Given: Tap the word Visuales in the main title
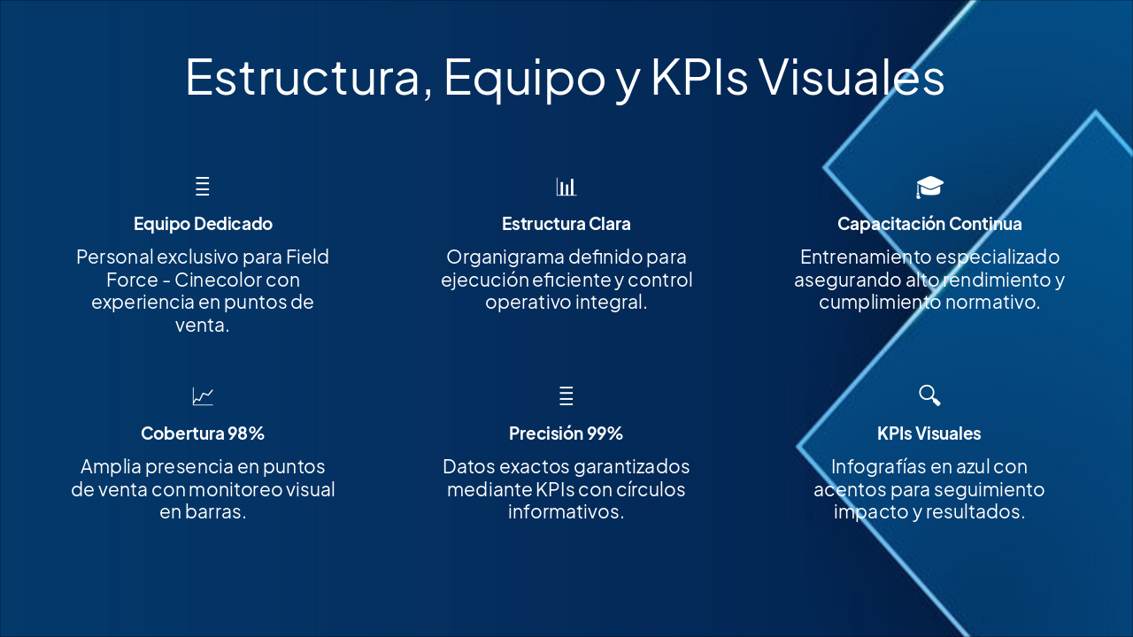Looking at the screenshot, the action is click(852, 77).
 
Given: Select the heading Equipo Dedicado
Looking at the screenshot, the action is click(203, 224).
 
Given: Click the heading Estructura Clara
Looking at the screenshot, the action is click(566, 224).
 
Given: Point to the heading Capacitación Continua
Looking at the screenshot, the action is click(929, 224).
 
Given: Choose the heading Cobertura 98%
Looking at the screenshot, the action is click(203, 434).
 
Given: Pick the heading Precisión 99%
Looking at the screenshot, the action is click(566, 434).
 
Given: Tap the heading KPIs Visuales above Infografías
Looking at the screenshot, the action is click(929, 434).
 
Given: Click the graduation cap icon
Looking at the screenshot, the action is click(929, 187).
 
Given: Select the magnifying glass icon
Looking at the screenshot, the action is click(929, 395).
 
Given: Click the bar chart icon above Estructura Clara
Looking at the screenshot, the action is click(566, 187).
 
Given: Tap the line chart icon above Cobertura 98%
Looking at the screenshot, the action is click(203, 396).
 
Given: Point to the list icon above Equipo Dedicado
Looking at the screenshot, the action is click(203, 187).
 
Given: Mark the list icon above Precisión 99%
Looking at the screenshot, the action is click(566, 395).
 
